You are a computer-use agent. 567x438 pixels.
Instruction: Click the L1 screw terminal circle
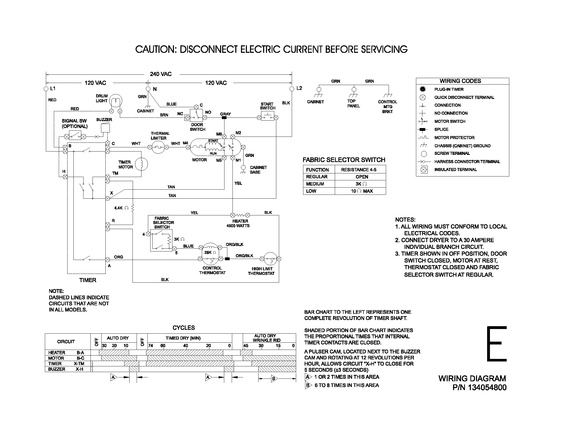coord(46,89)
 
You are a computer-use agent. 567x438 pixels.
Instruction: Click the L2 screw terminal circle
coord(292,89)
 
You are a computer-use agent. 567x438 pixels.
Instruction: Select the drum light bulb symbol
coord(115,101)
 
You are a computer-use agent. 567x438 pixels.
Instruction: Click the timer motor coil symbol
coord(141,164)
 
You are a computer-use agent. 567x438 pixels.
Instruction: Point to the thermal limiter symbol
coord(158,147)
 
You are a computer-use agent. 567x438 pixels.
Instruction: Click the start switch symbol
coord(268,116)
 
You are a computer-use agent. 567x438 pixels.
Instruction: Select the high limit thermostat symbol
coord(270,258)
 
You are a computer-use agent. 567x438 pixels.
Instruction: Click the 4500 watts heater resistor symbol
coord(240,215)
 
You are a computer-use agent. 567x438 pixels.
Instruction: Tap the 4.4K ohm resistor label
coord(121,208)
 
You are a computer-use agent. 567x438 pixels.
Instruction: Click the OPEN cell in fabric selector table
coord(362,177)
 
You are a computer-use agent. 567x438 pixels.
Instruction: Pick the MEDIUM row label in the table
coord(315,184)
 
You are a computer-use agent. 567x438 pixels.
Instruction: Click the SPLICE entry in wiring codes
coord(441,130)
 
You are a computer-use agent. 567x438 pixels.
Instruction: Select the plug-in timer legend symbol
coord(423,89)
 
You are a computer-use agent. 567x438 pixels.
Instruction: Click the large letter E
coord(496,344)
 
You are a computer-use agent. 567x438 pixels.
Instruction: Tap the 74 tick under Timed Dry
coord(151,346)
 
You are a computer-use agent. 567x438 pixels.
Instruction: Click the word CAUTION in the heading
coord(156,49)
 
